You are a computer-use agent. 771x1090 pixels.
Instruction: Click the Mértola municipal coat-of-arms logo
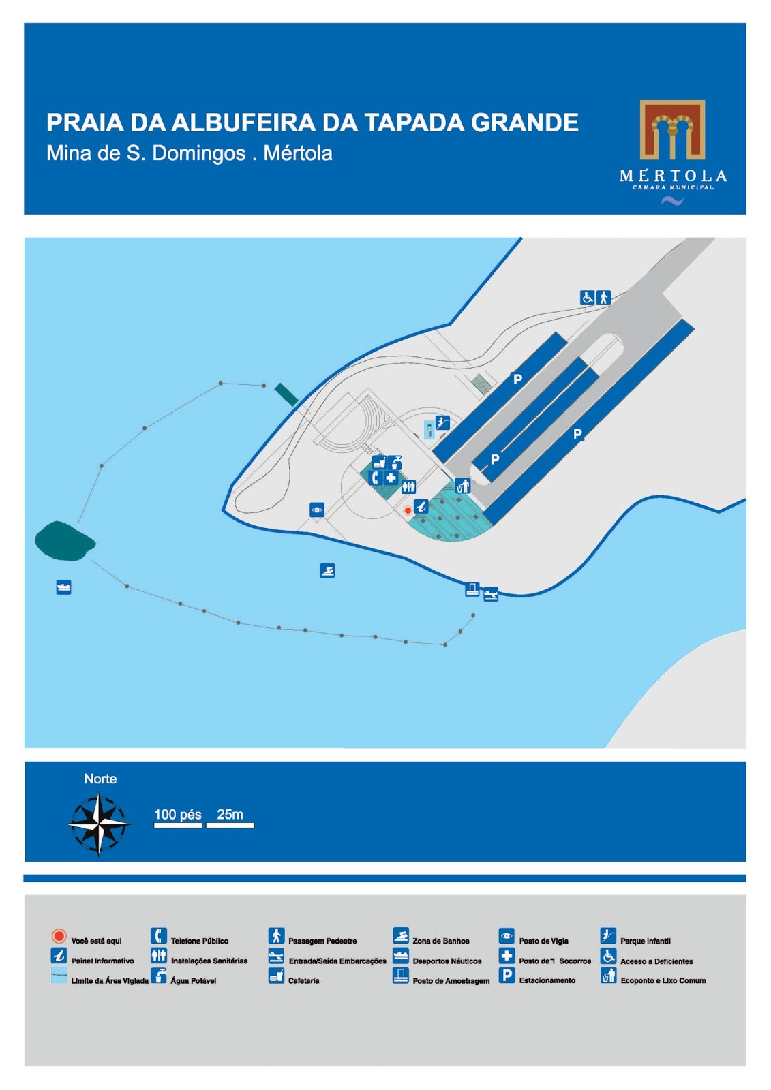pyautogui.click(x=671, y=130)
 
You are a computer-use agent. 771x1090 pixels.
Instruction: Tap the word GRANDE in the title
pyautogui.click(x=524, y=123)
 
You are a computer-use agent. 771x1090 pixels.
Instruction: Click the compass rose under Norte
pyautogui.click(x=99, y=824)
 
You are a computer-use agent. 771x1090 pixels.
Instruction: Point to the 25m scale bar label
pyautogui.click(x=230, y=814)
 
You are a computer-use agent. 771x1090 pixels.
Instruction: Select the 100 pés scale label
pyautogui.click(x=178, y=814)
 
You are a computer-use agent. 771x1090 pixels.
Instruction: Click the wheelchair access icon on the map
pyautogui.click(x=587, y=297)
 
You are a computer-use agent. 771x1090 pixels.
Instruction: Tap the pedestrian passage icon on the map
pyautogui.click(x=603, y=297)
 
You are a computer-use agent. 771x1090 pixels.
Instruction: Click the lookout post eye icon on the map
pyautogui.click(x=316, y=510)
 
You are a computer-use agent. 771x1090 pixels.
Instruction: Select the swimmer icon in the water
pyautogui.click(x=327, y=570)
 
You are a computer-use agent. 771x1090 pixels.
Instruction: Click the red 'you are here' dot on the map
pyautogui.click(x=408, y=510)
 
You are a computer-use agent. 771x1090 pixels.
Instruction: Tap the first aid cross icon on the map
pyautogui.click(x=391, y=478)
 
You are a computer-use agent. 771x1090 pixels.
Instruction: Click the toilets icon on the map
pyautogui.click(x=408, y=486)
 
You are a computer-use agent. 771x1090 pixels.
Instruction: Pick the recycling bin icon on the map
pyautogui.click(x=463, y=486)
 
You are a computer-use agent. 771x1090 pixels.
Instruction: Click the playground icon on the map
pyautogui.click(x=442, y=423)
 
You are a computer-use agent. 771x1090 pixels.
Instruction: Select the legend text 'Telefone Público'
pyautogui.click(x=199, y=941)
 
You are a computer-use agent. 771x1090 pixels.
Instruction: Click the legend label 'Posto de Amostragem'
pyautogui.click(x=451, y=981)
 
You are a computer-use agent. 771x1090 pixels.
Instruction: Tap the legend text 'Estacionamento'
pyautogui.click(x=547, y=980)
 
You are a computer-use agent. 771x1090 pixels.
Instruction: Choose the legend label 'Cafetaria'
pyautogui.click(x=303, y=981)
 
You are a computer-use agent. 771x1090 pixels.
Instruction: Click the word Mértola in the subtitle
pyautogui.click(x=298, y=153)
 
